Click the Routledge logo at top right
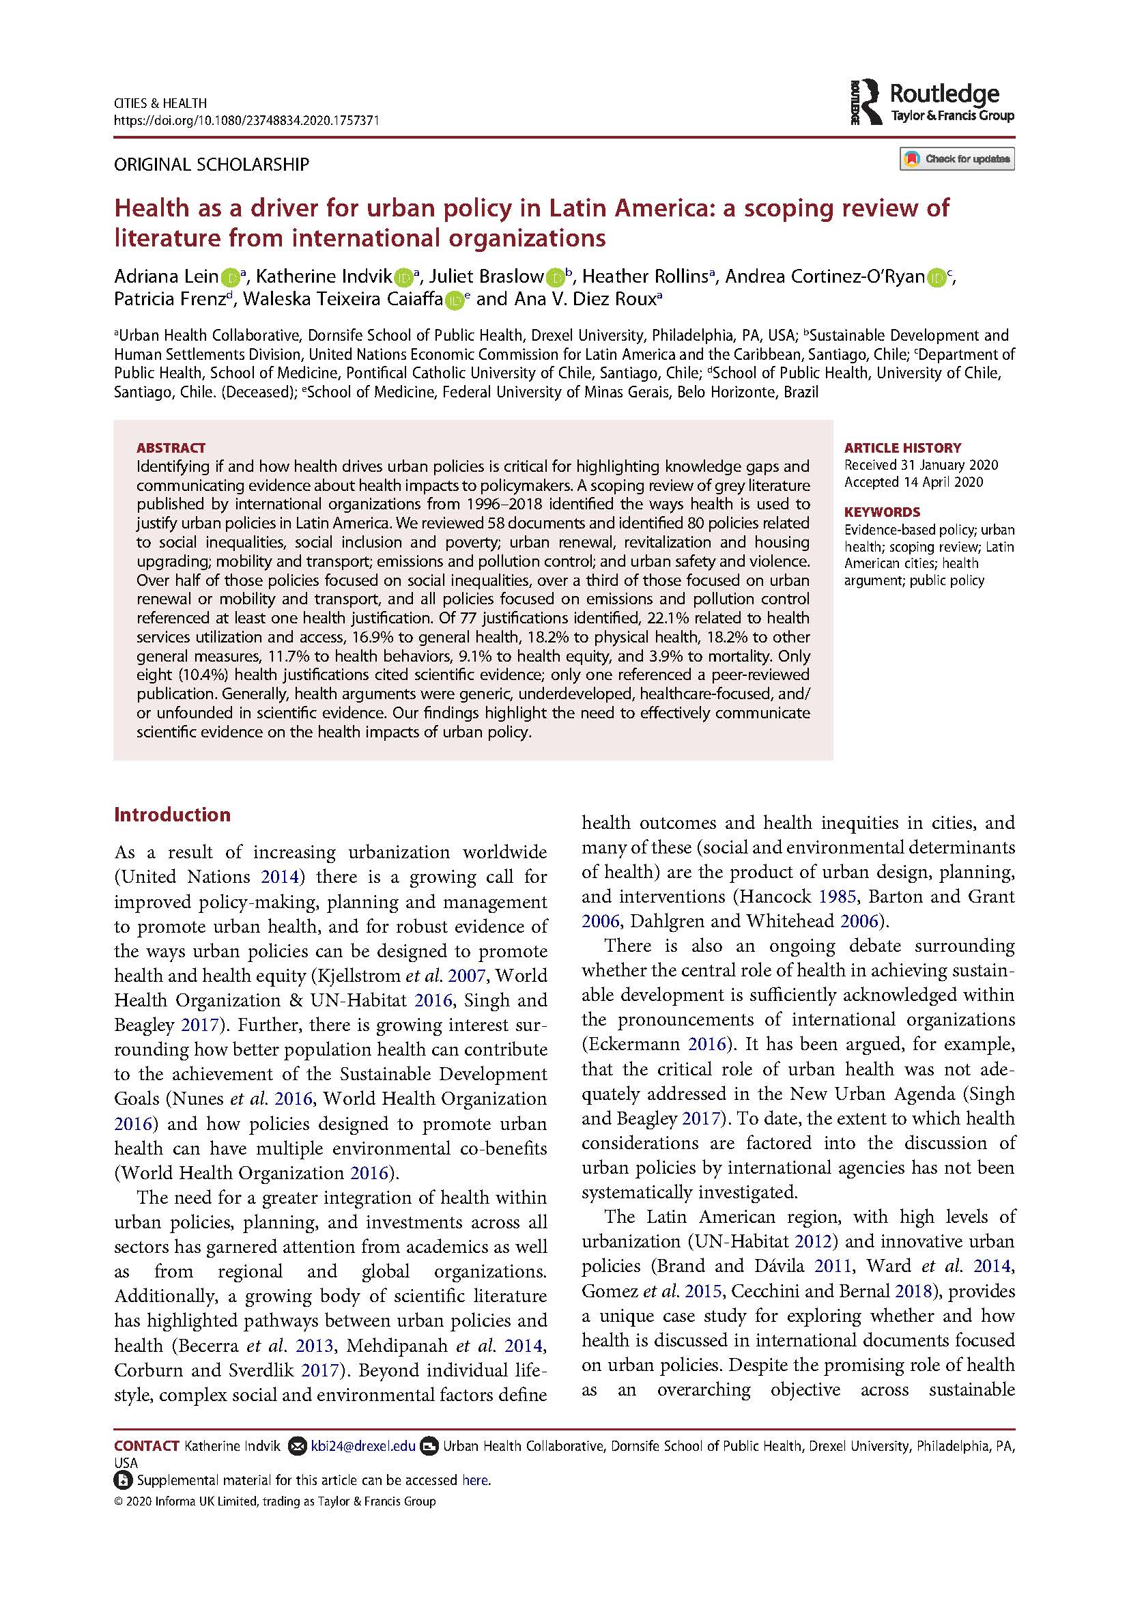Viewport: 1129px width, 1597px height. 931,103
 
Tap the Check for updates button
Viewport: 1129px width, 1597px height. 956,159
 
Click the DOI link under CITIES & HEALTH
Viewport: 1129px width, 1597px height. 246,120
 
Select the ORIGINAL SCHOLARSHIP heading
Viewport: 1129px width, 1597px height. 212,165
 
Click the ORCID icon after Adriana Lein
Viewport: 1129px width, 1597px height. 229,278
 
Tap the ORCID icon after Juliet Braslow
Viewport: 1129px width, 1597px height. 554,278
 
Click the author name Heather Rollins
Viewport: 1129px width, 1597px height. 644,277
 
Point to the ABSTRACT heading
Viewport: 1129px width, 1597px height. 171,448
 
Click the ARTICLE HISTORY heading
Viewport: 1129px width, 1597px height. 902,448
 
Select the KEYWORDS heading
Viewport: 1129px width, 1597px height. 881,511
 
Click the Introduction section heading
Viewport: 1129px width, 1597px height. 172,815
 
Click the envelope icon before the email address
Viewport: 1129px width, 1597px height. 297,1447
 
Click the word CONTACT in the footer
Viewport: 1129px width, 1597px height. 147,1447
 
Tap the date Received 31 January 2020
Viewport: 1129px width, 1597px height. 920,466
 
